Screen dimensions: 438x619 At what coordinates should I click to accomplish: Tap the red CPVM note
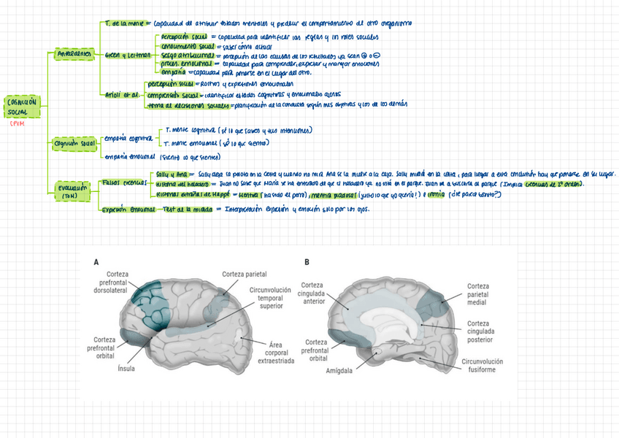17,124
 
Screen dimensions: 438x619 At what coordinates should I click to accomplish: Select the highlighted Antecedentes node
73,53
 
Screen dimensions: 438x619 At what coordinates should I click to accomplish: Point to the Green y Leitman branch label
127,55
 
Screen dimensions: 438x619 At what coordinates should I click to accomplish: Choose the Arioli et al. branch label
121,95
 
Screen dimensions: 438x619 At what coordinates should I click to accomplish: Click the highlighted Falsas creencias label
124,182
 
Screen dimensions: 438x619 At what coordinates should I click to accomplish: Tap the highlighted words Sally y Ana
173,174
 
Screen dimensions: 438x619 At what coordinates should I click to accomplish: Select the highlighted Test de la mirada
188,210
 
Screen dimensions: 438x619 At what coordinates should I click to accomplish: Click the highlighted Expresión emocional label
128,210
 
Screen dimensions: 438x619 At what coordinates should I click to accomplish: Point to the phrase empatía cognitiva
128,138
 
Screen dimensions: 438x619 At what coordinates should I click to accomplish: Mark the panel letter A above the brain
96,261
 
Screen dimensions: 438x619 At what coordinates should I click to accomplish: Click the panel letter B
307,261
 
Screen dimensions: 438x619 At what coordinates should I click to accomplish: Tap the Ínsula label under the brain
126,369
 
